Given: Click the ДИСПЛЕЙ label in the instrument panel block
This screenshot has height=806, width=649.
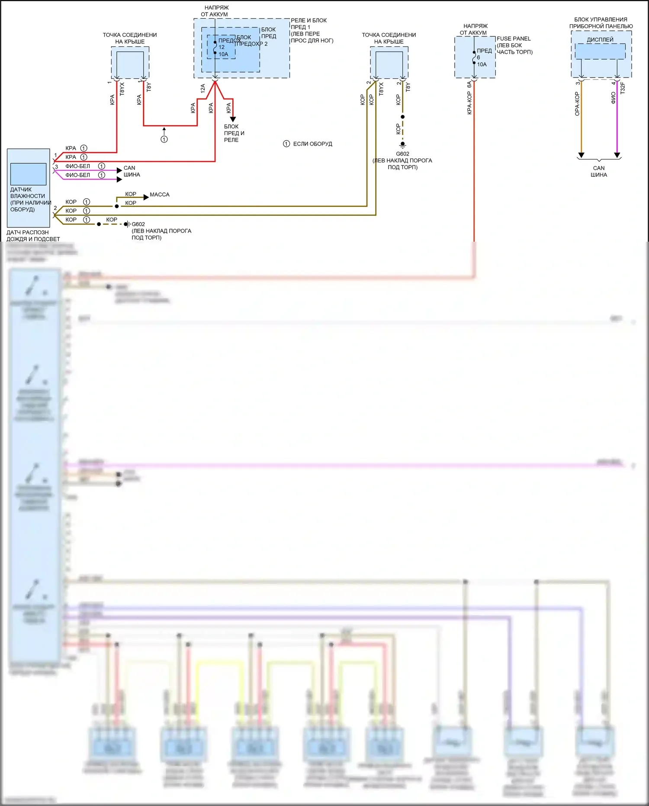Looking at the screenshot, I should pos(600,39).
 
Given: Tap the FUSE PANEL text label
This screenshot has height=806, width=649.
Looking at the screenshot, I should pos(514,39).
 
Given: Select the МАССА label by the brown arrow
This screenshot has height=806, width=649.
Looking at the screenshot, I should pos(160,194).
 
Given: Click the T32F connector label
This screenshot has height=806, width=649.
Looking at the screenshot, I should pos(623,88).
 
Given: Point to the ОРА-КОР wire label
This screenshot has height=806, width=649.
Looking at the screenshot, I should pos(577,104).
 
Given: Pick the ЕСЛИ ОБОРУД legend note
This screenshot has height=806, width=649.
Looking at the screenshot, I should pos(312,144).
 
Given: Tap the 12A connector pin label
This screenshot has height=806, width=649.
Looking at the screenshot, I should pos(203,89).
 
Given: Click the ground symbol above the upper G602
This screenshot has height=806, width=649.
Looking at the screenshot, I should pos(402,144).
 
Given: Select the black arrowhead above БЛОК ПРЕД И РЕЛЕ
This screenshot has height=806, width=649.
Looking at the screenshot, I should pos(233,119).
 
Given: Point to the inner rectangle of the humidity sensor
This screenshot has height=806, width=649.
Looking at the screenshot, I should pos(28,174).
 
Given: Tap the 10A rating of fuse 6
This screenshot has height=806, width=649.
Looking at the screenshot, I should pos(482,64).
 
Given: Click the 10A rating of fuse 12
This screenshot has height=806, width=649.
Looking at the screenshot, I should pos(223,54).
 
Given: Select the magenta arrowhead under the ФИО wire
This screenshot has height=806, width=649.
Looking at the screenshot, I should pos(617,155).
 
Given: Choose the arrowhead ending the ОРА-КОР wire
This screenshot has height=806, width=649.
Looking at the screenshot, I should pos(581,155).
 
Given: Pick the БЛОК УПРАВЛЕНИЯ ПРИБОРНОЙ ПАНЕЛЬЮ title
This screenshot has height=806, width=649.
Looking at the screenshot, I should pos(601,23).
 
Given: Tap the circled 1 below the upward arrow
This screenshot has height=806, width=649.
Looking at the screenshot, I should pos(164,139).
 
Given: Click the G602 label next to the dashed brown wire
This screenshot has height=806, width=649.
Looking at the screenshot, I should pos(138,224).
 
